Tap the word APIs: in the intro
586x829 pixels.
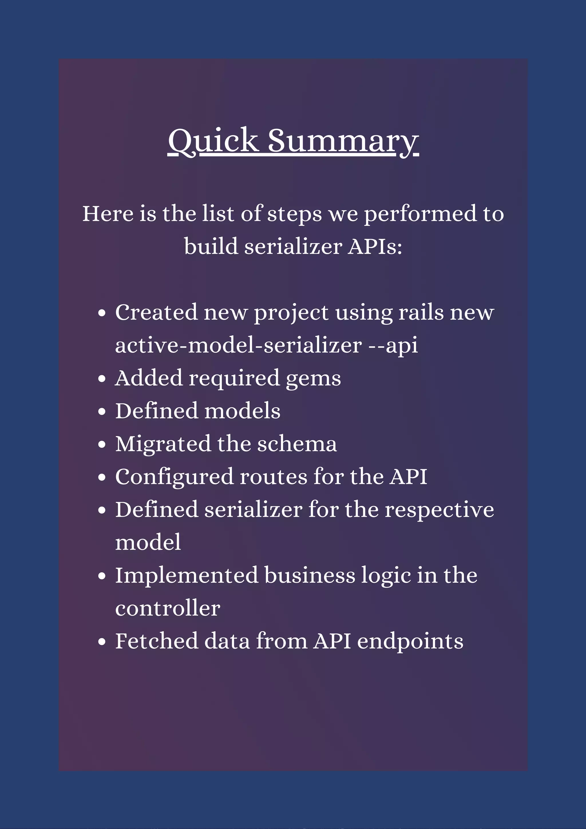click(375, 247)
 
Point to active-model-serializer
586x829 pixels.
click(238, 345)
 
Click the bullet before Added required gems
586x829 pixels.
click(102, 379)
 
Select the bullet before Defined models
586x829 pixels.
click(102, 411)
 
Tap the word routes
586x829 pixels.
click(273, 477)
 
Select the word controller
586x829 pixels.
click(168, 608)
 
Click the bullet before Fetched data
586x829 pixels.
click(102, 642)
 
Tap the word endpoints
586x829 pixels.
click(410, 641)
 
